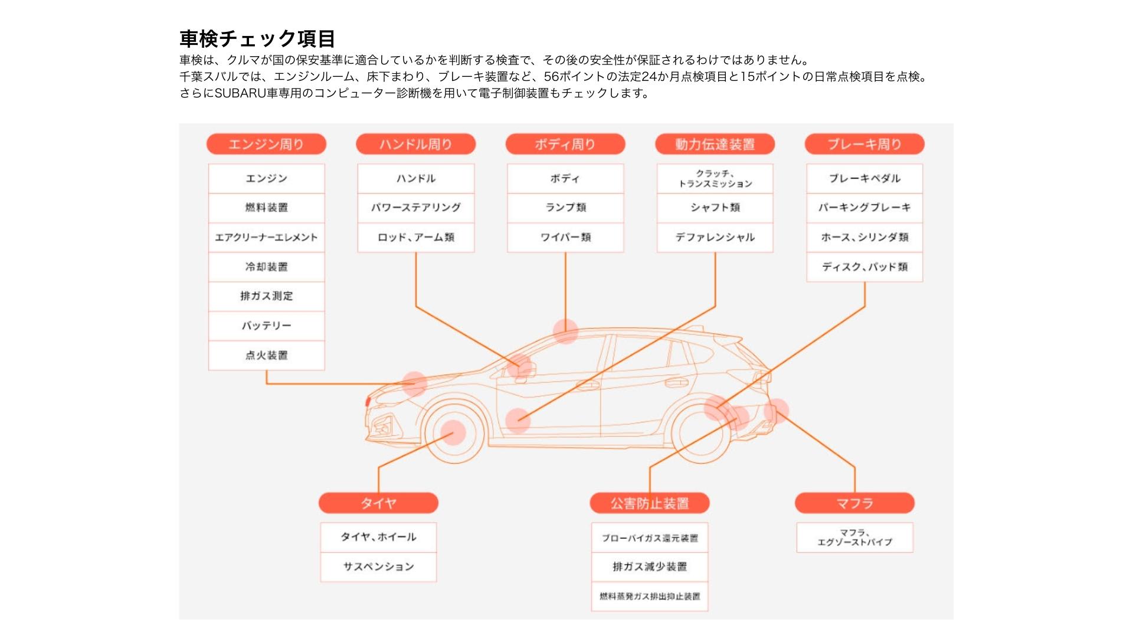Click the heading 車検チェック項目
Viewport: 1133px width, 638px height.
pyautogui.click(x=257, y=39)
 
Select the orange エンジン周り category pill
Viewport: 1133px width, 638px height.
pyautogui.click(x=266, y=144)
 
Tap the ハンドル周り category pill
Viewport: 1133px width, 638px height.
pyautogui.click(x=415, y=144)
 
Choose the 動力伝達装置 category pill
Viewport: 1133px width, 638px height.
pyautogui.click(x=715, y=144)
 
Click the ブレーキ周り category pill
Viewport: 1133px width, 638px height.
pyautogui.click(x=865, y=144)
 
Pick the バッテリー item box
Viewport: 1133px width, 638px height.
pyautogui.click(x=266, y=326)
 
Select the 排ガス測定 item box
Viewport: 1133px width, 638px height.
pyautogui.click(x=266, y=297)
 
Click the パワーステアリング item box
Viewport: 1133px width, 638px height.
pyautogui.click(x=415, y=208)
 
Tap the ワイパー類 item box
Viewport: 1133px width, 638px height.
pyautogui.click(x=565, y=237)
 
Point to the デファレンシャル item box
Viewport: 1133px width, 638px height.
pyautogui.click(x=715, y=237)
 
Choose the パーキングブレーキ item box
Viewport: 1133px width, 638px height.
pyautogui.click(x=865, y=208)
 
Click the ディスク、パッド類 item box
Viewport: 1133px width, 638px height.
pyautogui.click(x=865, y=267)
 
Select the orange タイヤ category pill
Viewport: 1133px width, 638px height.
pyautogui.click(x=378, y=503)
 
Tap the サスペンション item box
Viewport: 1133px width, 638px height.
pyautogui.click(x=378, y=567)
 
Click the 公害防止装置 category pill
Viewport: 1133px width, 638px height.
pyautogui.click(x=650, y=503)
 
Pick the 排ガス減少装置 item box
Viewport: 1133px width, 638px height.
pyautogui.click(x=650, y=567)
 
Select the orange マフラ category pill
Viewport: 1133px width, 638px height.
pyautogui.click(x=854, y=503)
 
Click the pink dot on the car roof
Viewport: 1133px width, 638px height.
pyautogui.click(x=565, y=331)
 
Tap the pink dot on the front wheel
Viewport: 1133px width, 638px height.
pyautogui.click(x=453, y=432)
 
